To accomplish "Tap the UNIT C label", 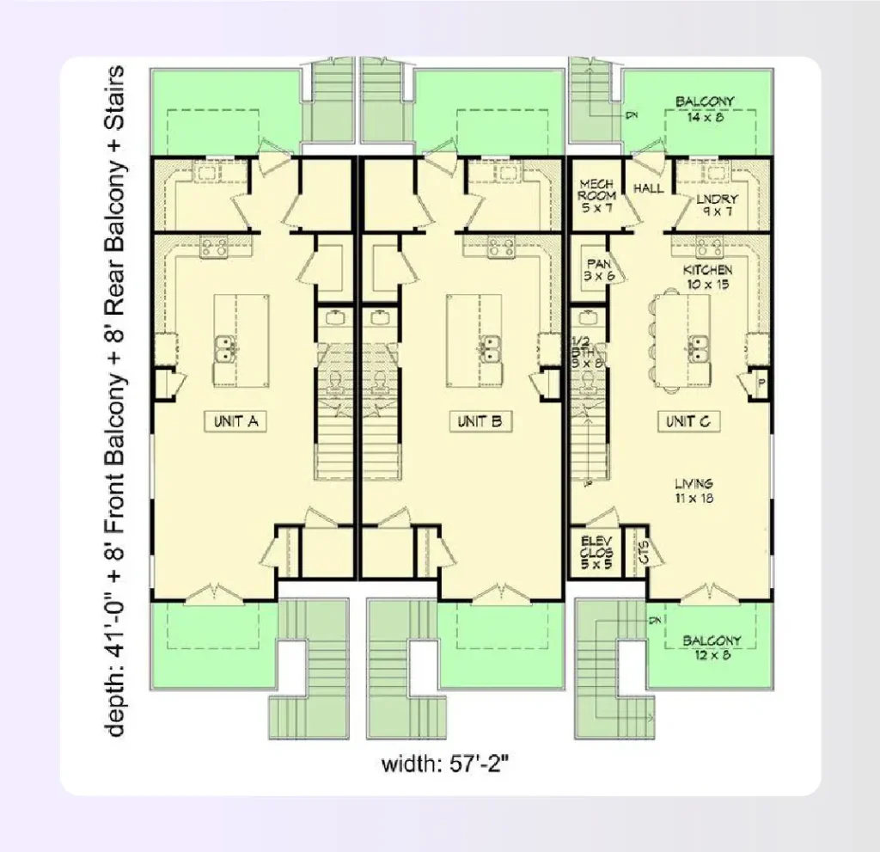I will coord(688,421).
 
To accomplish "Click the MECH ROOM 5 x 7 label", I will coord(597,195).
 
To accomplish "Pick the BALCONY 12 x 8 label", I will coord(712,647).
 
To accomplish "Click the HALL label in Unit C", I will coord(648,188).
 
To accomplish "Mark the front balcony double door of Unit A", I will coord(210,592).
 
